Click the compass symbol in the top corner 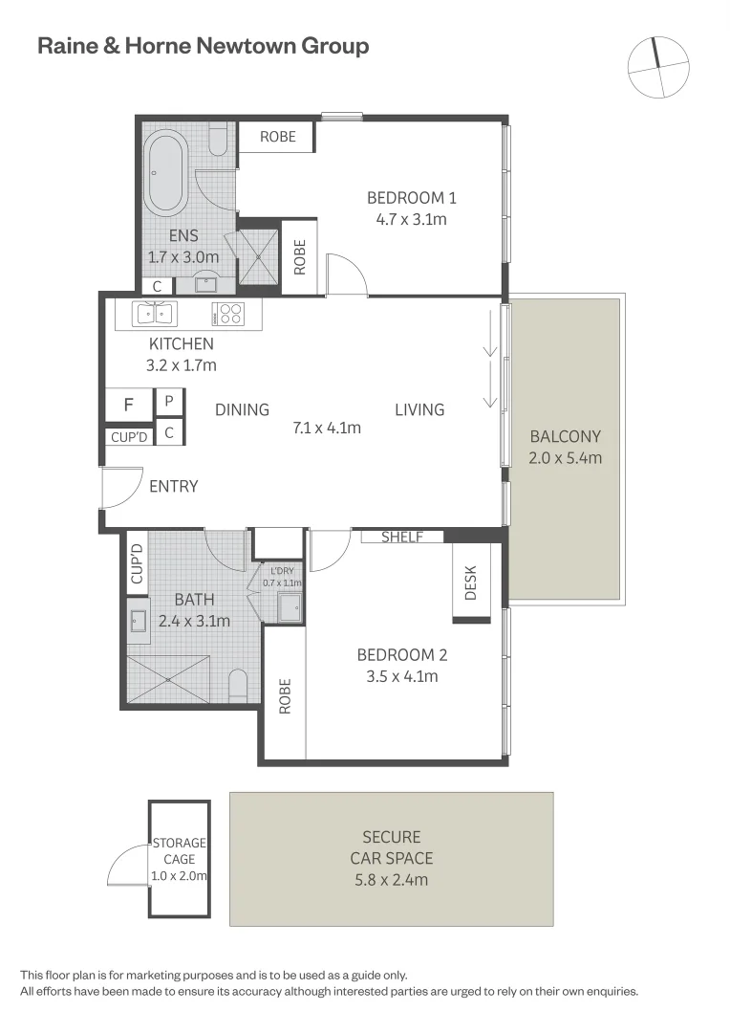pos(658,67)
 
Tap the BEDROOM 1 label pos(411,198)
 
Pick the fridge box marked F pos(128,404)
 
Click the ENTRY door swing pos(122,489)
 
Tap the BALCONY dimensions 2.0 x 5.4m pos(565,457)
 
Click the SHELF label pos(402,538)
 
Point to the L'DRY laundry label pos(283,571)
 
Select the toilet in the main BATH pos(238,685)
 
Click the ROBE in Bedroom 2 pos(284,696)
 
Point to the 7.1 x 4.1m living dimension pos(327,428)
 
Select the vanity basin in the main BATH pos(138,621)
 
